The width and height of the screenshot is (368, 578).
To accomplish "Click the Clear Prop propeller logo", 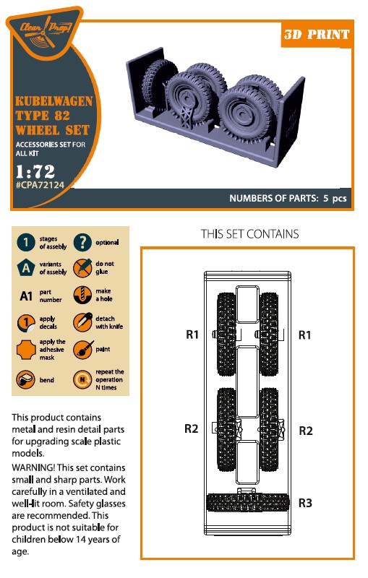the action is point(44,33).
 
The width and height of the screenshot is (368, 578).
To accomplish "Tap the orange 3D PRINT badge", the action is point(317,34).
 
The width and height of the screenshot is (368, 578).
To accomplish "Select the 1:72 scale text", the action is point(35,171).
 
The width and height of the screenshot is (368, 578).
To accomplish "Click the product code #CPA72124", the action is point(40,185).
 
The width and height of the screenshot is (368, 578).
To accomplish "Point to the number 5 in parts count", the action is point(325,198).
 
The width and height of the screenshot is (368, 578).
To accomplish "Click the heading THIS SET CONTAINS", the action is point(249,234).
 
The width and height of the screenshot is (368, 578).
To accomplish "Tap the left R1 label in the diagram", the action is point(192,335).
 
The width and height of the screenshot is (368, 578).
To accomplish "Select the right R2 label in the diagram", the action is point(306,431).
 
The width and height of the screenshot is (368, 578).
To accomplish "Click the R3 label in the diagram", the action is point(305,503).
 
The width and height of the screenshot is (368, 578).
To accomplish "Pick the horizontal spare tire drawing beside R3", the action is point(247,502).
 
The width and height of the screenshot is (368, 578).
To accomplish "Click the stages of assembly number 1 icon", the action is point(26,243).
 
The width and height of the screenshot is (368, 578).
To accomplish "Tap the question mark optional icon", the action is point(82,243).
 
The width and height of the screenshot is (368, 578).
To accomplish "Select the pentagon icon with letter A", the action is point(26,267).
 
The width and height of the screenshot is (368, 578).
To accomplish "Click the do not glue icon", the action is point(82,267).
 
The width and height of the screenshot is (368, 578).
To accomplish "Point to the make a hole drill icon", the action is point(82,295).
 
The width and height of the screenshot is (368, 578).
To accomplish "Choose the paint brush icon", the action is point(82,349).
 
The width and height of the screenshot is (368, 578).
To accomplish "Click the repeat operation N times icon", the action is point(82,380).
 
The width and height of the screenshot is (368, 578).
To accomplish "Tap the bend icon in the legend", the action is point(26,380).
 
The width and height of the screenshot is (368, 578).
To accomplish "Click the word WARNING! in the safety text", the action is point(33,467).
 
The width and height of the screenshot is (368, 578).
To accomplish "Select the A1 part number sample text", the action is point(26,296).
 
